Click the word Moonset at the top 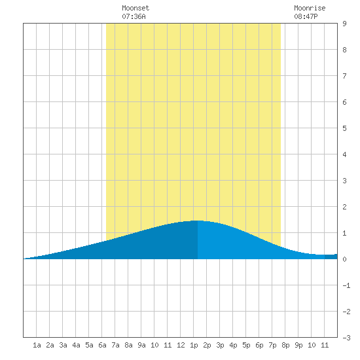pos(135,8)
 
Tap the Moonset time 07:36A pos(134,16)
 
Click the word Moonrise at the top pos(310,8)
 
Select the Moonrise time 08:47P pos(306,16)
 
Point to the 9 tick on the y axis pos(344,24)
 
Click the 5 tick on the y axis pos(344,128)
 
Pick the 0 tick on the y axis pos(344,259)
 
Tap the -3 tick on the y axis pos(346,338)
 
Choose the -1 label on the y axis pos(346,285)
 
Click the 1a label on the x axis pos(37,345)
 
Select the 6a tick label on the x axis pos(102,345)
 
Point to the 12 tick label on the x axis pos(181,345)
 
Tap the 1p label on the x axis pos(194,345)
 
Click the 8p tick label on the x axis pos(285,345)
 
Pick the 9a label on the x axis pos(141,345)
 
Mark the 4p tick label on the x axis pos(233,345)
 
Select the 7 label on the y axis pos(344,76)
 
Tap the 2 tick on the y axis pos(344,207)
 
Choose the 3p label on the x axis pos(220,345)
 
